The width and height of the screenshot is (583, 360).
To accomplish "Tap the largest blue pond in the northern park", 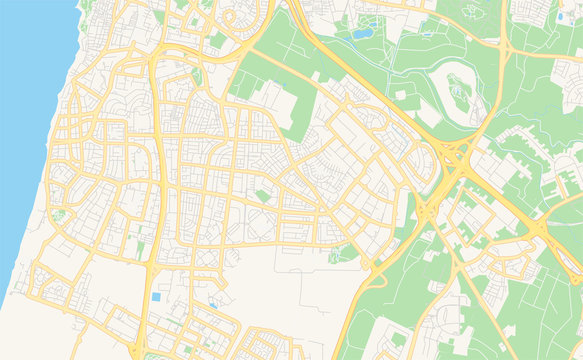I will click(360, 34).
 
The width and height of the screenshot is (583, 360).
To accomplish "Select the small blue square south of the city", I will click(155, 297).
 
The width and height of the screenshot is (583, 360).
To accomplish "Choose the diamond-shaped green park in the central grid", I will click(263, 196).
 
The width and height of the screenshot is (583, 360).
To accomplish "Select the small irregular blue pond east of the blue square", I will click(213, 304).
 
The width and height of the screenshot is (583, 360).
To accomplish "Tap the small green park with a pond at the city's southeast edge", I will click(343, 252).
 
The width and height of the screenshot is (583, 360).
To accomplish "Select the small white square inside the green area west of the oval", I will click(404, 101).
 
